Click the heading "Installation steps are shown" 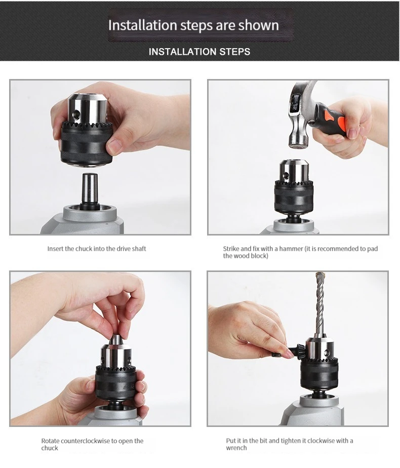(x=193, y=25)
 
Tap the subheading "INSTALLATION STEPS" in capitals (x=199, y=52)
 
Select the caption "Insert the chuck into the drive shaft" (x=97, y=249)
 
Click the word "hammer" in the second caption (x=291, y=249)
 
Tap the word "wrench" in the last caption (x=236, y=448)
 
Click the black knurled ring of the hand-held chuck (x=87, y=143)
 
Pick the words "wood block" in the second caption (x=253, y=256)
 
